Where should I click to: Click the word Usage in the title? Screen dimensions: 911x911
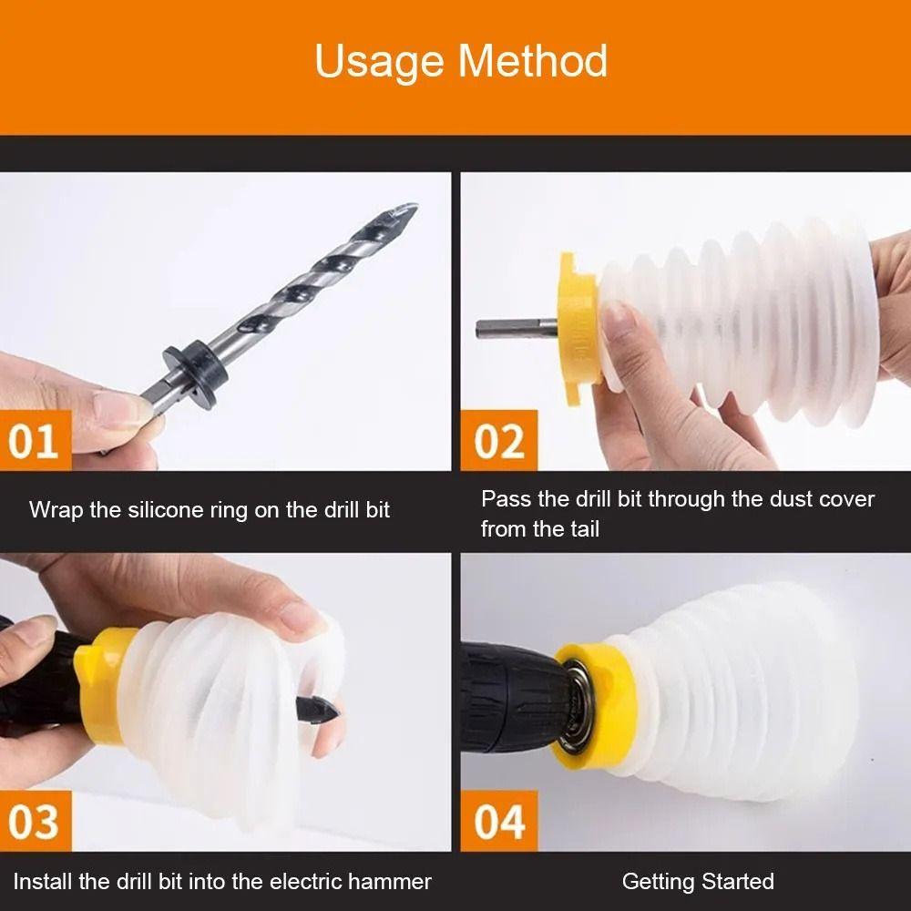380,62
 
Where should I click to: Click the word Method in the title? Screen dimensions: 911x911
533,62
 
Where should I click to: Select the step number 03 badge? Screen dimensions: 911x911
35,822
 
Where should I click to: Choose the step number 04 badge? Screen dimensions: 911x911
499,822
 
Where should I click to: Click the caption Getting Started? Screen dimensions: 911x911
698,882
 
